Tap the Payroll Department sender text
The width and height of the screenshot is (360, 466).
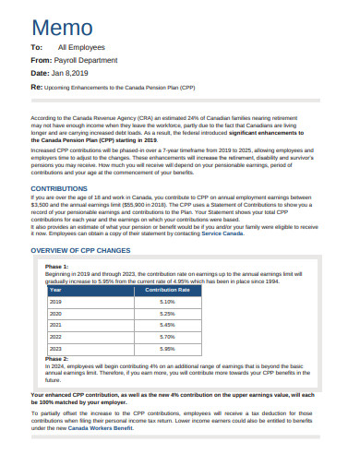click(x=91, y=58)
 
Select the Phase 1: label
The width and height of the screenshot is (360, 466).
click(x=57, y=267)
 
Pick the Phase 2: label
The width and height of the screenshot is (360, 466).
click(x=57, y=359)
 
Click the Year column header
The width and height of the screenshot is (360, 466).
click(x=55, y=290)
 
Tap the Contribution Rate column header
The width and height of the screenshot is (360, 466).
click(x=167, y=290)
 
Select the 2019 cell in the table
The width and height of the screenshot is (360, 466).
click(x=55, y=302)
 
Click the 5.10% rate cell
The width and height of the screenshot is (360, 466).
click(x=167, y=302)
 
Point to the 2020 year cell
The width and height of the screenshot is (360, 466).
click(x=55, y=314)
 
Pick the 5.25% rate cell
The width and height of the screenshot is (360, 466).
click(x=167, y=314)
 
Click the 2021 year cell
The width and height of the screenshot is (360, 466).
click(x=55, y=326)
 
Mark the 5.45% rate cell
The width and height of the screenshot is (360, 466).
click(x=167, y=326)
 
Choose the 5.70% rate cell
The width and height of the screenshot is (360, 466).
click(x=167, y=338)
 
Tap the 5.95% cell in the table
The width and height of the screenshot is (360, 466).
click(x=167, y=350)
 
